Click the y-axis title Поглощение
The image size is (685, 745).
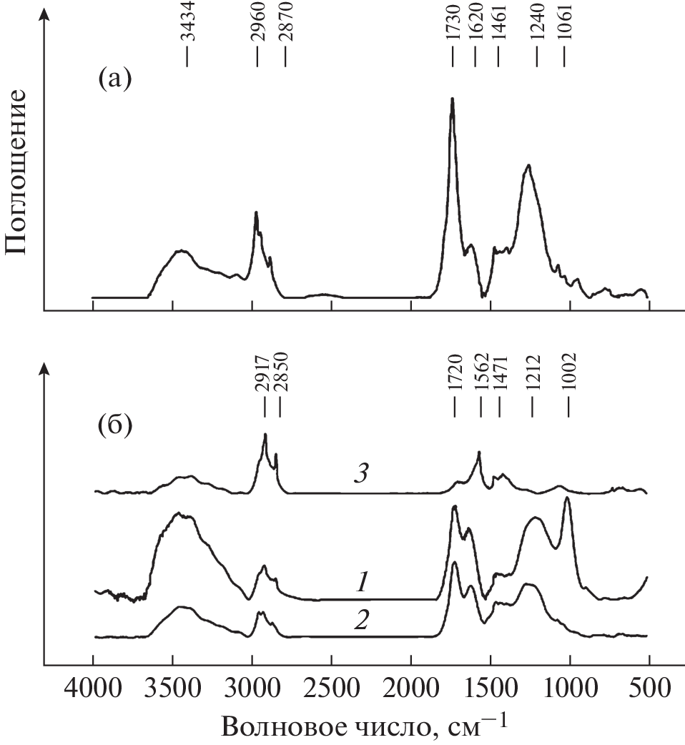[x=17, y=172]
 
